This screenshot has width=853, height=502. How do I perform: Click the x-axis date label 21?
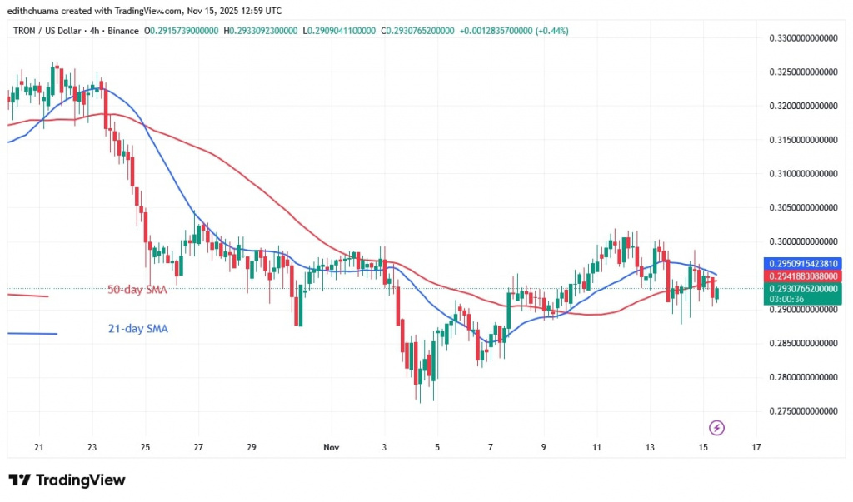38,447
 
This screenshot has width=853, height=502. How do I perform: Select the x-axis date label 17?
756,447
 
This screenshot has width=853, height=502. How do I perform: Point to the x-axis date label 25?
146,447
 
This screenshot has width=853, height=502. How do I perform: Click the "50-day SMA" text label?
137,290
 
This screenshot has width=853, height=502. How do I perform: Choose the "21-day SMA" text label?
137,329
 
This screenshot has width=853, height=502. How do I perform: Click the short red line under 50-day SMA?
27,296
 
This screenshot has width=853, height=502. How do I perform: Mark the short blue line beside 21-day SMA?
32,334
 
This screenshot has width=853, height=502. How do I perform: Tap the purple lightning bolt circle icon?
716,428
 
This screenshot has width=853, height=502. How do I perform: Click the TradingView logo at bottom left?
67,480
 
